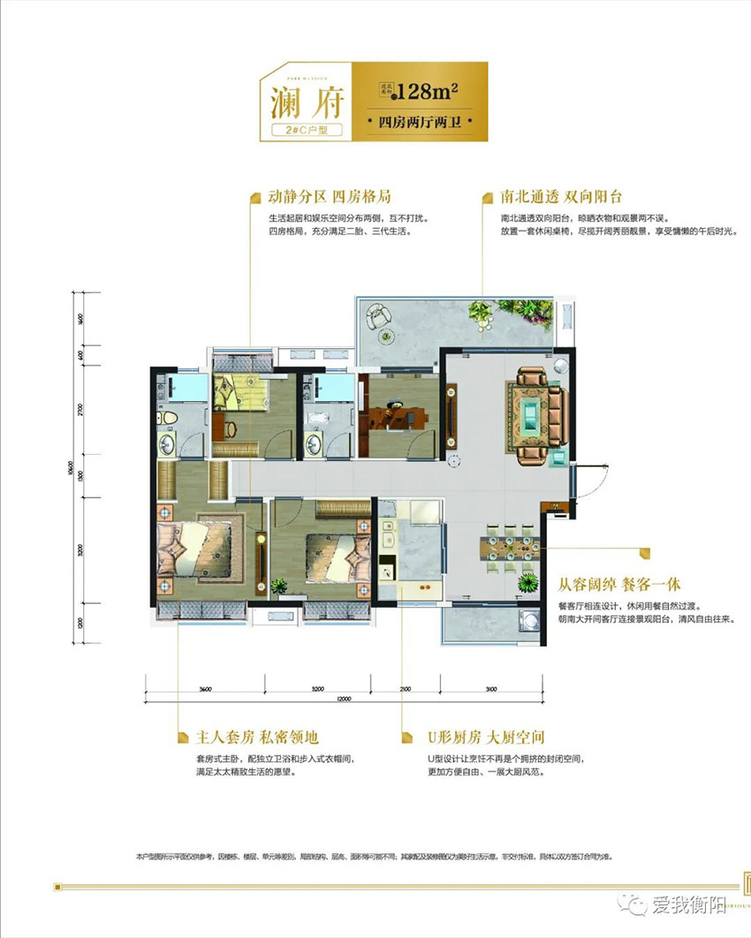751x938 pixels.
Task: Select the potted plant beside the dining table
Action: pos(528,582)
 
